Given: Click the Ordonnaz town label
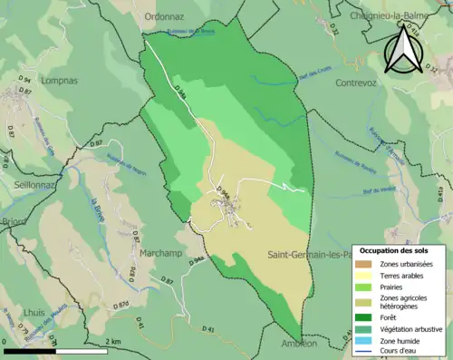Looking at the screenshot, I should tap(163, 15).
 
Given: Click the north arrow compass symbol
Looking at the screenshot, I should tap(401, 48).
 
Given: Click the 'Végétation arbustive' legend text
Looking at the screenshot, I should tap(411, 329).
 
